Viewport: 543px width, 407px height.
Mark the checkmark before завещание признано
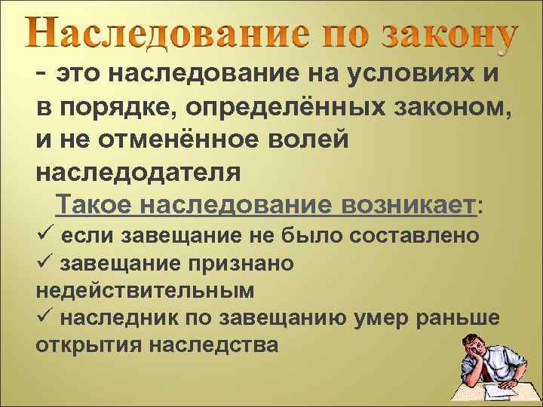(x=44, y=262)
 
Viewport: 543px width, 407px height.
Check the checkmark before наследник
(x=44, y=317)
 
